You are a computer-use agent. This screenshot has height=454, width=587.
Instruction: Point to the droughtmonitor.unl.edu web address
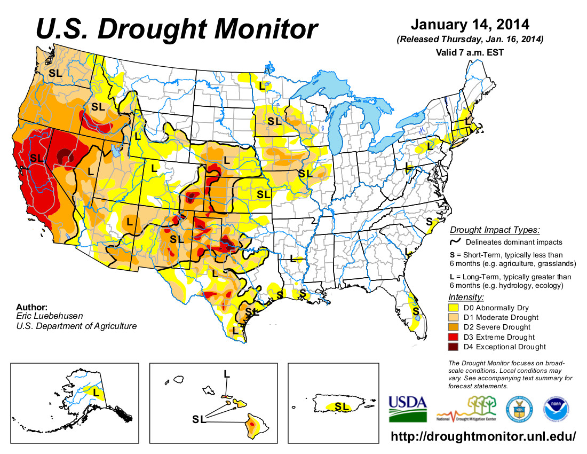[483, 436]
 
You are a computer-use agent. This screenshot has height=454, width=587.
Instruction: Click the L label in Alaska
[96, 392]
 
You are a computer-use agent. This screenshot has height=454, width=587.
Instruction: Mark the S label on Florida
[416, 310]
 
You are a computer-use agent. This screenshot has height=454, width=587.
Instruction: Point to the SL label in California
[36, 158]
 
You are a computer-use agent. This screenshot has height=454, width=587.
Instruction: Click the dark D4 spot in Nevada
[64, 156]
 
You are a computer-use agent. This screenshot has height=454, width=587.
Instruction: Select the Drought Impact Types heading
[494, 230]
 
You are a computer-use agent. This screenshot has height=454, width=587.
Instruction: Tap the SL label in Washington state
[55, 73]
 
